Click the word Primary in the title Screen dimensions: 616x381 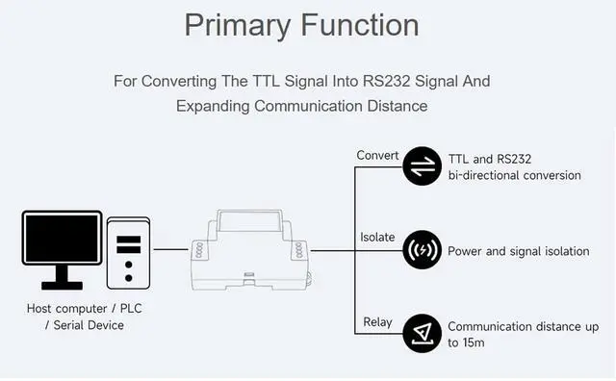click(237, 26)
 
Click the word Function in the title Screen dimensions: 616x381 click(360, 25)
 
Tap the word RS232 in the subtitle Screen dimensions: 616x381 click(387, 82)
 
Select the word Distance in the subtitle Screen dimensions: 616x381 click(398, 106)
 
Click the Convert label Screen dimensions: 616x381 click(377, 156)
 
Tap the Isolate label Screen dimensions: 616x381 click(377, 238)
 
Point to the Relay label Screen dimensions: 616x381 click(377, 322)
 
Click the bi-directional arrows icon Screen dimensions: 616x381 click(423, 166)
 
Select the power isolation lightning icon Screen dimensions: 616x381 click(423, 250)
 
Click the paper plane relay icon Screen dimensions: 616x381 click(423, 333)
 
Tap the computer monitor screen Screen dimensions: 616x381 click(62, 238)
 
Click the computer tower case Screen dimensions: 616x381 click(128, 253)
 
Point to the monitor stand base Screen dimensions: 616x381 click(62, 286)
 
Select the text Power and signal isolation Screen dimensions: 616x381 click(519, 251)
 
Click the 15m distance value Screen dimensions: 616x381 click(474, 343)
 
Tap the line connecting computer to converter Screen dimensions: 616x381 click(171, 249)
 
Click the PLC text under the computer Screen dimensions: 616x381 click(131, 308)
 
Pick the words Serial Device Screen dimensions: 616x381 click(89, 325)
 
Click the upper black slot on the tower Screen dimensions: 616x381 click(128, 240)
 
